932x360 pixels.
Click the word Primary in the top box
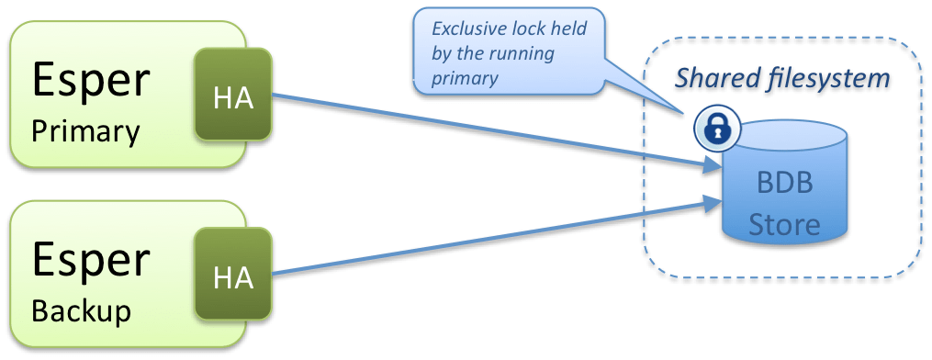click(85, 132)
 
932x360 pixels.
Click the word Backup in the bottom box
click(82, 310)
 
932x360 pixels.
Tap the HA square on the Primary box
click(233, 94)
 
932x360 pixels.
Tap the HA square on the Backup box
click(233, 273)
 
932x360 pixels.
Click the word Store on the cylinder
click(784, 225)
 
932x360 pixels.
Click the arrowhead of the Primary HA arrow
click(712, 165)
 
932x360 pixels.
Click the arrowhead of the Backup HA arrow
click(712, 204)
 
